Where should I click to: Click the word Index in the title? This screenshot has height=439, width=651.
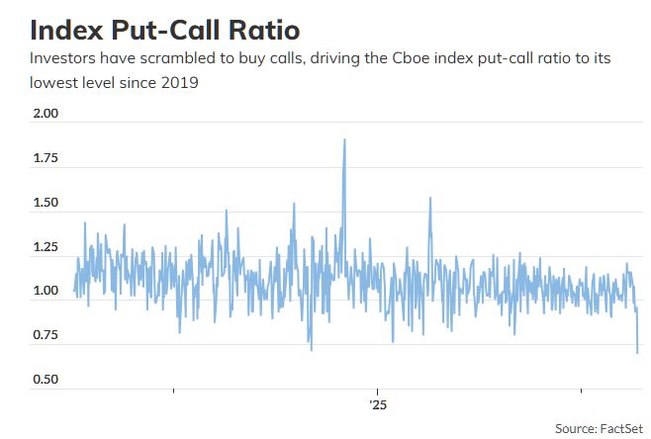click(66, 30)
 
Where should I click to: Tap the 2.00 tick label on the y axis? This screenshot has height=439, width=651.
click(46, 114)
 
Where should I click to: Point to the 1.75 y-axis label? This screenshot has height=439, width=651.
click(46, 158)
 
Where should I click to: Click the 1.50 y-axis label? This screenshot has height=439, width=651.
click(46, 203)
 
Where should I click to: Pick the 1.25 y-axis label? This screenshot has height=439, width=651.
click(46, 247)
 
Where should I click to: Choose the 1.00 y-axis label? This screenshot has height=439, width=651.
click(46, 291)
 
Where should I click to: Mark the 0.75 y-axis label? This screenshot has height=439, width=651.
click(46, 335)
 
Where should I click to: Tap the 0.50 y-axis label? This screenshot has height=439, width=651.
click(46, 380)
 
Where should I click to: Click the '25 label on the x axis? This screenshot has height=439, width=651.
click(378, 405)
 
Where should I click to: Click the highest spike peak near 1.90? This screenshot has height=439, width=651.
click(344, 139)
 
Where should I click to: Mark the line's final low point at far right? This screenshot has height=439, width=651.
click(637, 353)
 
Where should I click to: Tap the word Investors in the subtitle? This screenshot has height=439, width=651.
click(62, 58)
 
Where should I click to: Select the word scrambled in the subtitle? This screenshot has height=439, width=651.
click(177, 58)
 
